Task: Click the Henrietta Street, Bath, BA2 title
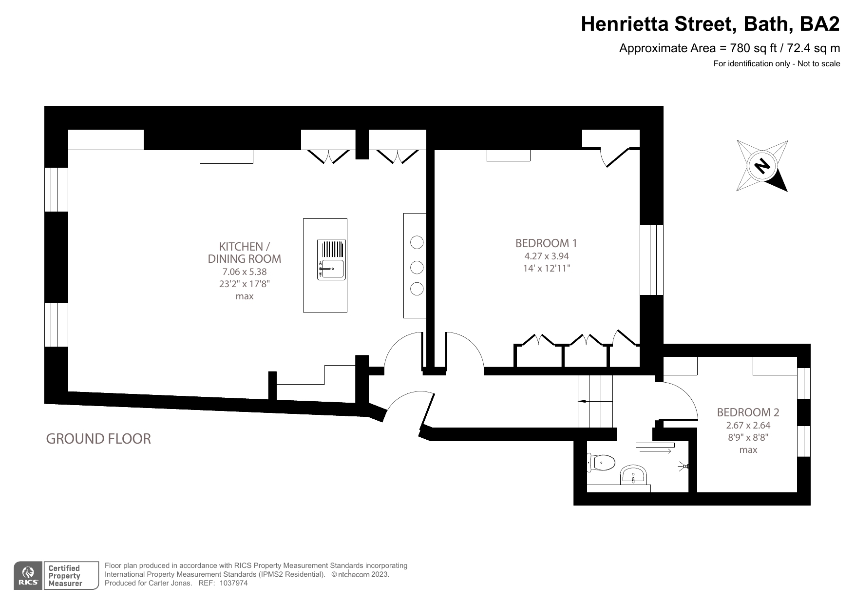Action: [x=710, y=24]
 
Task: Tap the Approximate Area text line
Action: [x=729, y=48]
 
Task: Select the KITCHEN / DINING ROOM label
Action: [x=244, y=253]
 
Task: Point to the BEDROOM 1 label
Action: [x=546, y=243]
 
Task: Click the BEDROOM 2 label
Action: [x=748, y=412]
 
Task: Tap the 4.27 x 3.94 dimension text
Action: [x=546, y=256]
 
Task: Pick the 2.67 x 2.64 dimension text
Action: [x=748, y=425]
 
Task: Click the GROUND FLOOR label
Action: [x=98, y=439]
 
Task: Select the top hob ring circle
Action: [x=417, y=242]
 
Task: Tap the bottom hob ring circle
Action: [x=417, y=289]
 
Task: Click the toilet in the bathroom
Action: [x=602, y=462]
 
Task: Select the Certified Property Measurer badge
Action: [x=64, y=576]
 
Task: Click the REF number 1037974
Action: [x=234, y=583]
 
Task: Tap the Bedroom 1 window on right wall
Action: [x=651, y=260]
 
